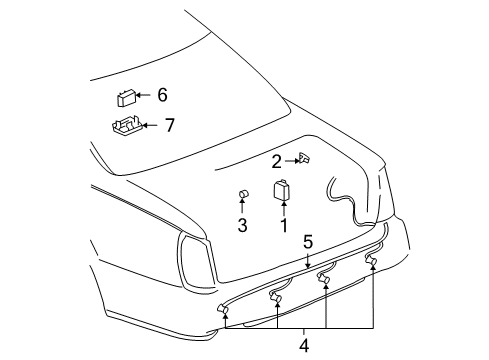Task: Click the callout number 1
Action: [x=283, y=225]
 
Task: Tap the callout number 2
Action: [x=277, y=160]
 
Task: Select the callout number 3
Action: [x=242, y=225]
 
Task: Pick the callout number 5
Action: [x=309, y=241]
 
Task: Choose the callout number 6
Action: [x=162, y=95]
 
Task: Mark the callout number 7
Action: [x=169, y=124]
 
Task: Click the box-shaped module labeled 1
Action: [x=282, y=190]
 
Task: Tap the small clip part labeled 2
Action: [x=304, y=158]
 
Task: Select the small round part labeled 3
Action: [x=242, y=194]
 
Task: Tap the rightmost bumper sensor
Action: [x=371, y=262]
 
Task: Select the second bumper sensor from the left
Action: [x=275, y=294]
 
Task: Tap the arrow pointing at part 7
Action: [x=149, y=124]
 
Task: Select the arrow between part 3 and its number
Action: [x=242, y=208]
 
